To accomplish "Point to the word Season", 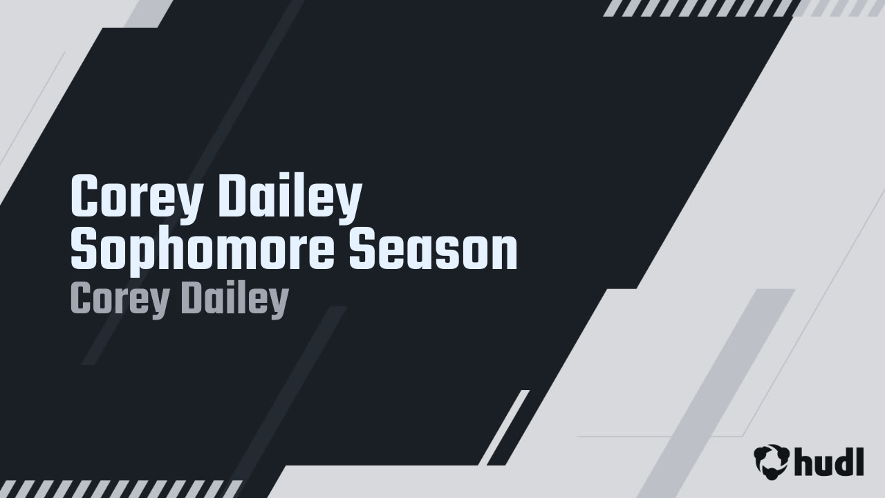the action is tap(433, 249).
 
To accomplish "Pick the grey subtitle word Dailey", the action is tap(236, 301).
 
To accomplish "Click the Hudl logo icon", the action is tap(771, 461).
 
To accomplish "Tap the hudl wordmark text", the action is tap(828, 461).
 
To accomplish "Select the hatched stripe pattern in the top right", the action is tap(743, 8).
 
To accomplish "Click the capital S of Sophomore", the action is tap(84, 250).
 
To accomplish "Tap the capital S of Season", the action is tap(362, 250).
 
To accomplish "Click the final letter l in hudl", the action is tap(859, 461).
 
